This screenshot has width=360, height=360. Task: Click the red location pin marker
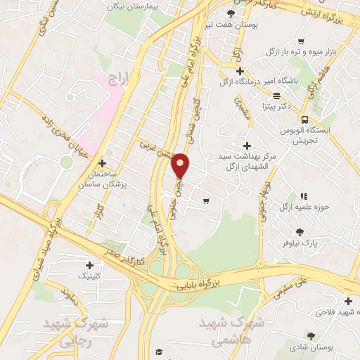click(181, 166)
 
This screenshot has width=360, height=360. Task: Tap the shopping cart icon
click(205, 201)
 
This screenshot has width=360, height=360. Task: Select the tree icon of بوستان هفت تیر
click(231, 13)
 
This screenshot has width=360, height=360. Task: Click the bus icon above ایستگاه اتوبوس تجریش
click(304, 120)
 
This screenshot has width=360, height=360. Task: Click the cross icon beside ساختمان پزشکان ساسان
click(103, 163)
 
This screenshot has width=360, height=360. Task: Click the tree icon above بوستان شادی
click(310, 335)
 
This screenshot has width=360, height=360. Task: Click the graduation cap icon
click(160, 351)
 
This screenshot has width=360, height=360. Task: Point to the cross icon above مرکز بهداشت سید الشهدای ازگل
click(246, 145)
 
